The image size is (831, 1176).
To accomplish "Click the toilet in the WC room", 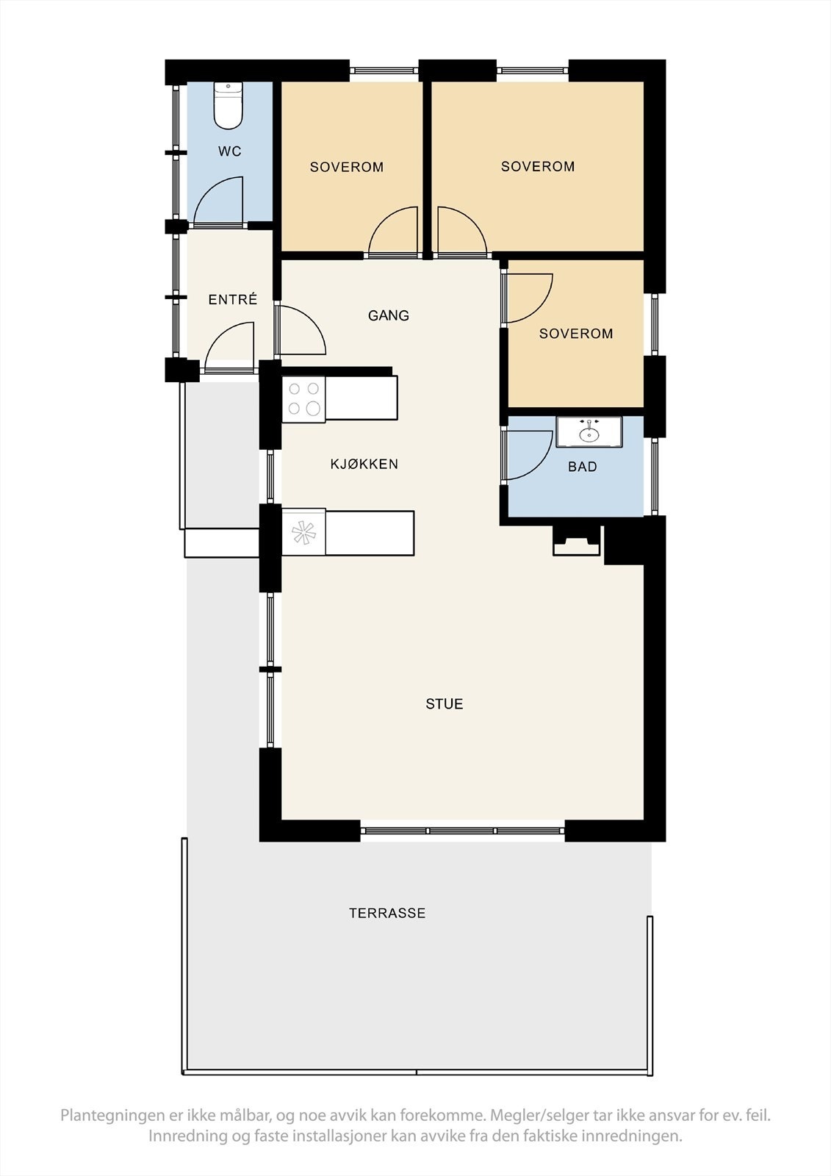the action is pos(229,106).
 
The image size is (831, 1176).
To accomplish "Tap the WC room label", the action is pos(230,151).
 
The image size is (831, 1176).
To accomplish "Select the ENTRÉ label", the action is pos(233,299).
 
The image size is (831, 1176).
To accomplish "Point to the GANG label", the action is pos(389,315).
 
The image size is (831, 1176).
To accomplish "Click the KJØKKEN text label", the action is pos(364,464).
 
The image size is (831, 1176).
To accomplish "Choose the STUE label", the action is pos(444,704).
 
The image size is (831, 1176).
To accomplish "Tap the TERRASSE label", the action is pos(387,913).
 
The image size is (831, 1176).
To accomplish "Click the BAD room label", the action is pos(582,467).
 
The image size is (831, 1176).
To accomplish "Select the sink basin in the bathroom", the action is pos(589,432).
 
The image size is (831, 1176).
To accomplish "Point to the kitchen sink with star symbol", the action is pos(304,532).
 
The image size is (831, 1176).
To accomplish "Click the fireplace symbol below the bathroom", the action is pos(576,540).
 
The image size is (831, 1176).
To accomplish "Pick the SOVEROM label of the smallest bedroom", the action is pos(576,334).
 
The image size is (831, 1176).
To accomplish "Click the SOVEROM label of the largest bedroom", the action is pos(538,166).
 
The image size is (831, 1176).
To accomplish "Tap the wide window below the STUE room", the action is pos(462,831).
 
